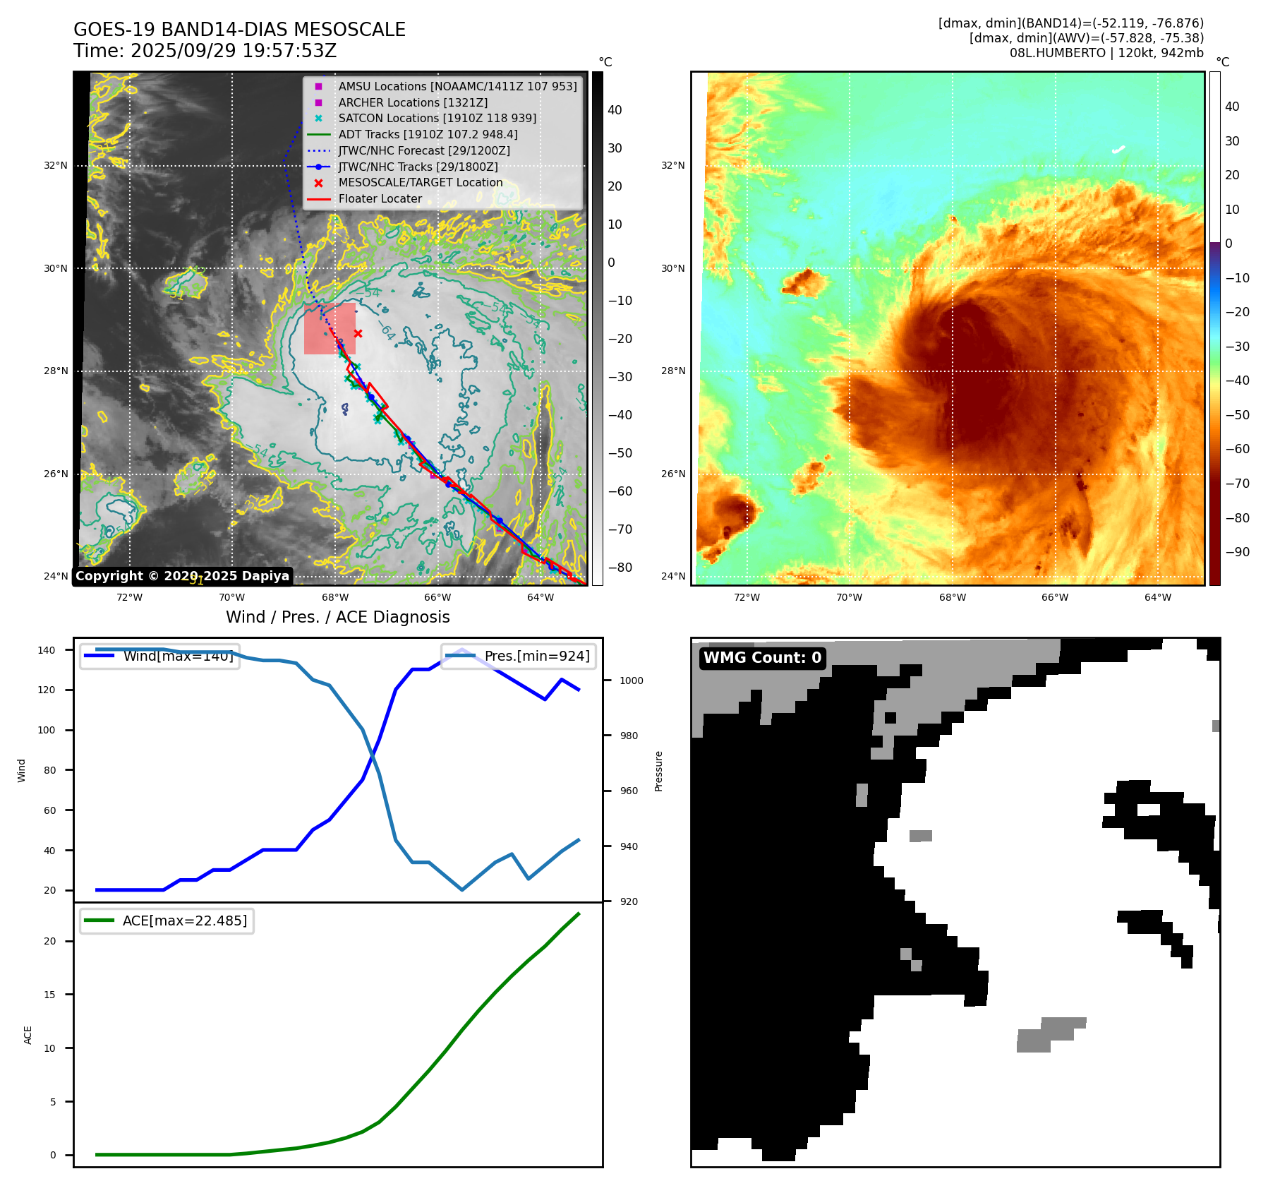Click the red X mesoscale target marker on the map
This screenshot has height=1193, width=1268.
[x=358, y=333]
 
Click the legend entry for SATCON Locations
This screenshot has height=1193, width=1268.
[x=437, y=119]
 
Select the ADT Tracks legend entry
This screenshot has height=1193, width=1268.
[x=428, y=135]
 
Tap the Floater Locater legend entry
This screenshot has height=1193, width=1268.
[x=380, y=199]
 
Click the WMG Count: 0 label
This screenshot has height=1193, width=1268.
[x=762, y=658]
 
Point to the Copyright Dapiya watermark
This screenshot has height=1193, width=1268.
[x=182, y=576]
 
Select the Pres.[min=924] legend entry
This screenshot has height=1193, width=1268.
[x=536, y=656]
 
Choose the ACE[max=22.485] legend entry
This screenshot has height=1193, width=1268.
[x=185, y=921]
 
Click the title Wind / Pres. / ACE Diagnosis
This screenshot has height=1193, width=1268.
[x=337, y=617]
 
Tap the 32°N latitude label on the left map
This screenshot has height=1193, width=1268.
[x=56, y=166]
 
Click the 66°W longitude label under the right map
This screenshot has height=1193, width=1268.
[x=1055, y=597]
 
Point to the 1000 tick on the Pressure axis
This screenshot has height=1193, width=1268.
[x=632, y=681]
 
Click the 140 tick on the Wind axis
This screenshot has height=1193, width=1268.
[x=47, y=650]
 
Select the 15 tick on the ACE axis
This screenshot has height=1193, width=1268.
[x=50, y=995]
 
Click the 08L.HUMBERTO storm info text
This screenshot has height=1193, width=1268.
[x=1106, y=53]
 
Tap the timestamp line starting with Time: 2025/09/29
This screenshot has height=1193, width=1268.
[x=205, y=51]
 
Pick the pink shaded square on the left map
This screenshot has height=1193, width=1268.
[x=330, y=329]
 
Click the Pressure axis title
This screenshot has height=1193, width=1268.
[x=658, y=771]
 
